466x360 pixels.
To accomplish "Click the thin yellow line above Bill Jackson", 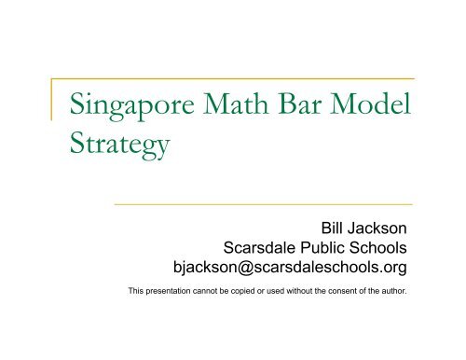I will point(262,203).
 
